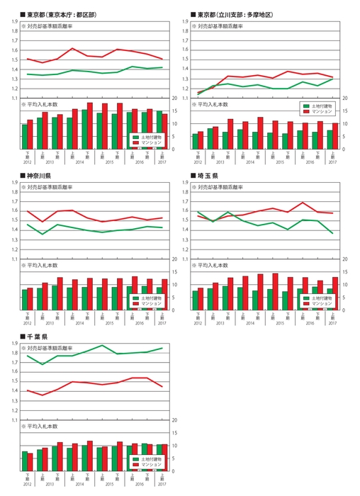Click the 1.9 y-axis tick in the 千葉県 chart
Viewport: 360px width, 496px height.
pyautogui.click(x=13, y=344)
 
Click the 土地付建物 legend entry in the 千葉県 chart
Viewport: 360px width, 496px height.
pyautogui.click(x=147, y=459)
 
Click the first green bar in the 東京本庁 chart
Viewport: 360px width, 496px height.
pyautogui.click(x=25, y=137)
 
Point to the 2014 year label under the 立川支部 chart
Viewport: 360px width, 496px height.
pyautogui.click(x=248, y=162)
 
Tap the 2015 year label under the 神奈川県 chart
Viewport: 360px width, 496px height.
pyautogui.click(x=109, y=323)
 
